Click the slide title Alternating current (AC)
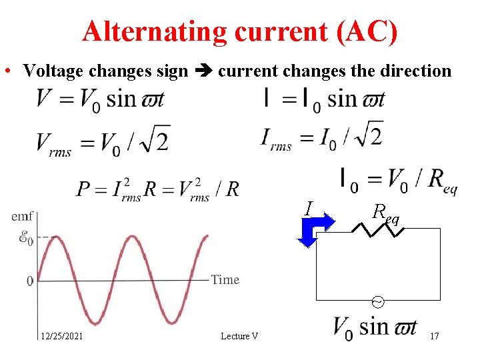click(x=240, y=31)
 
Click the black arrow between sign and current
click(x=203, y=71)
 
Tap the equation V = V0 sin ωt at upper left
click(x=101, y=99)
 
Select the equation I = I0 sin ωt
click(x=324, y=99)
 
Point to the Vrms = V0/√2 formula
click(x=103, y=141)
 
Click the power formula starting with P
click(x=157, y=188)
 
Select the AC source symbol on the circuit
click(x=377, y=302)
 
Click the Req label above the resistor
click(x=386, y=213)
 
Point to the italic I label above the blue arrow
click(x=308, y=208)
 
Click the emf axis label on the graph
click(x=22, y=216)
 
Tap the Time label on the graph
click(x=225, y=279)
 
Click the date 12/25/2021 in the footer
click(x=61, y=336)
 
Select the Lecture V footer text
click(x=239, y=336)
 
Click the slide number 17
click(x=434, y=336)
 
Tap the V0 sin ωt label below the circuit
click(x=375, y=327)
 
